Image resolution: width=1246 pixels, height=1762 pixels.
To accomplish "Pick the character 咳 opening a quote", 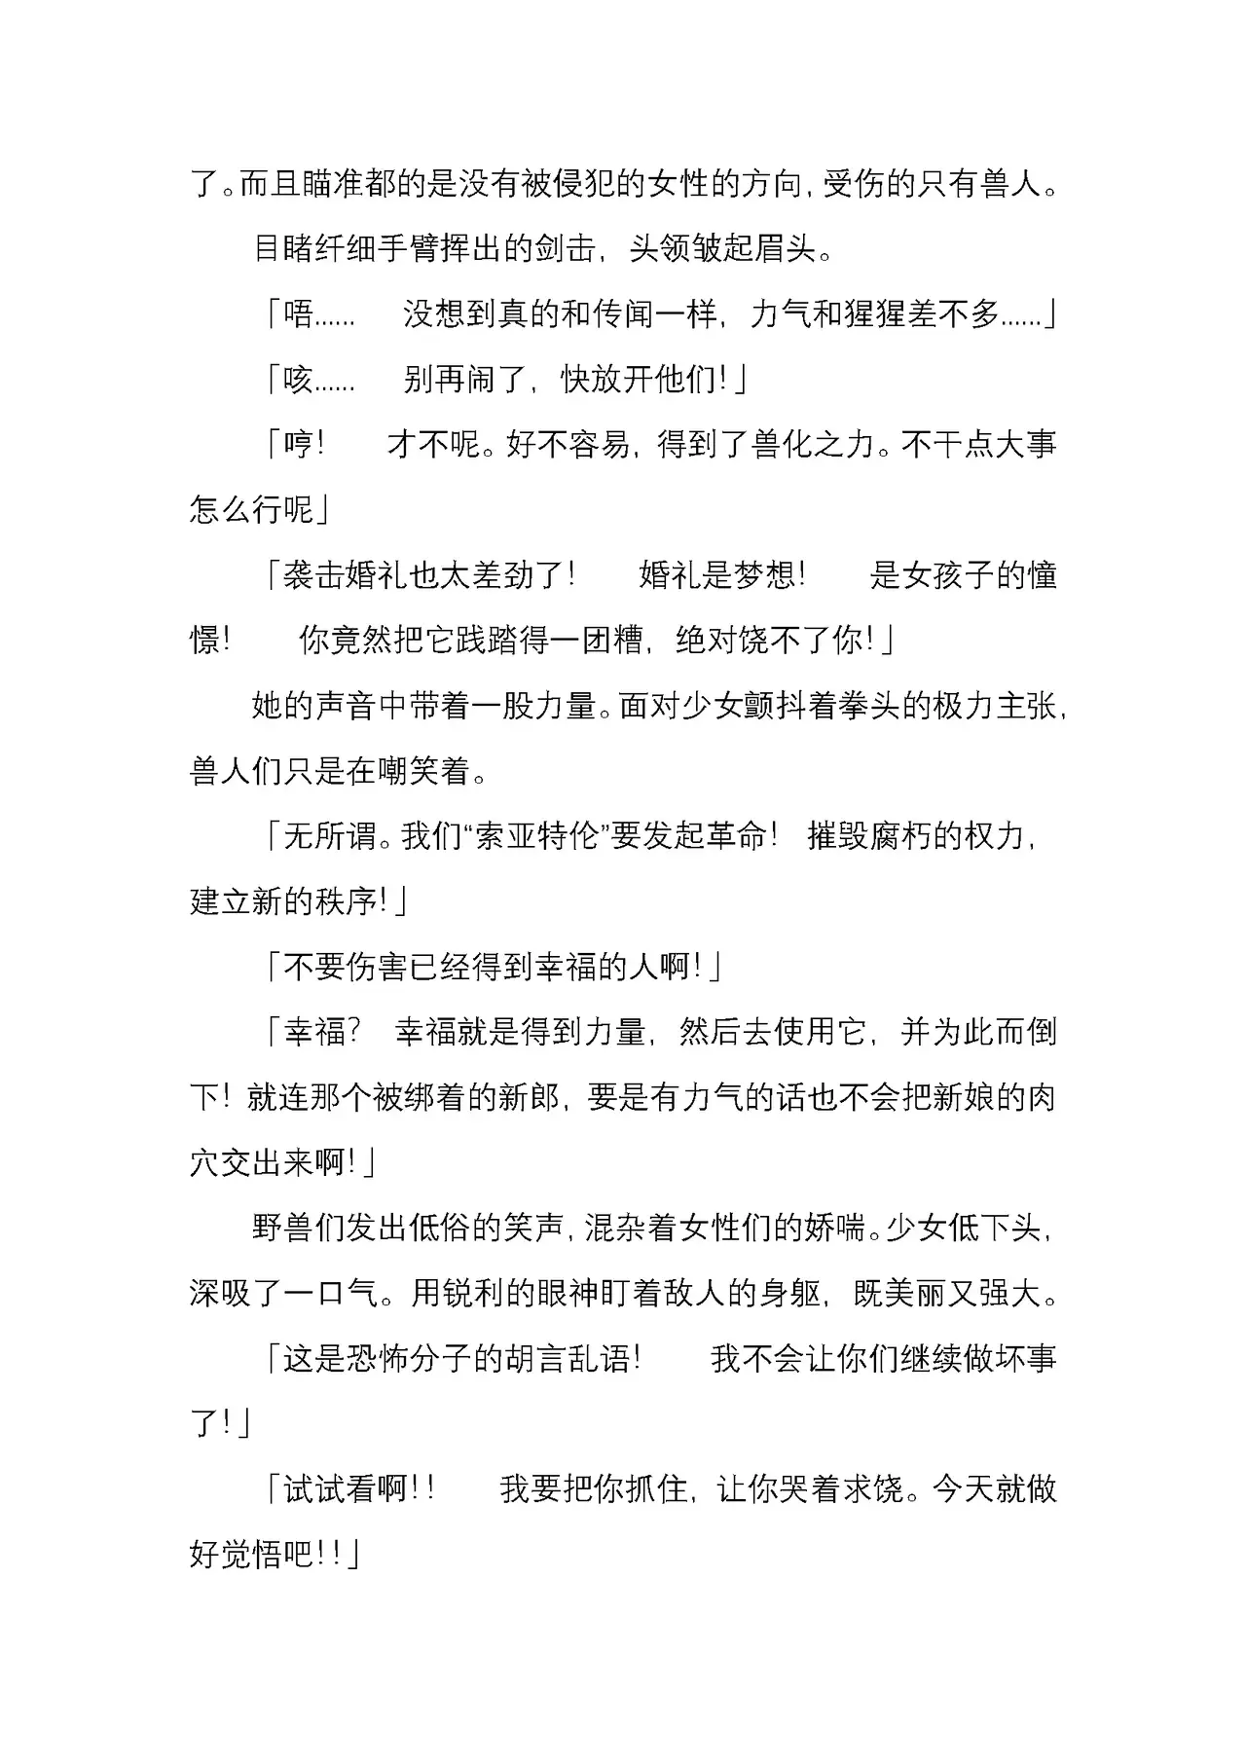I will [x=297, y=379].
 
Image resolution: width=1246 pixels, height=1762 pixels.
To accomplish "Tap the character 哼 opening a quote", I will [x=297, y=444].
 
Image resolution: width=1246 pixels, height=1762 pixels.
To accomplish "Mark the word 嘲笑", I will [x=409, y=770].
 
